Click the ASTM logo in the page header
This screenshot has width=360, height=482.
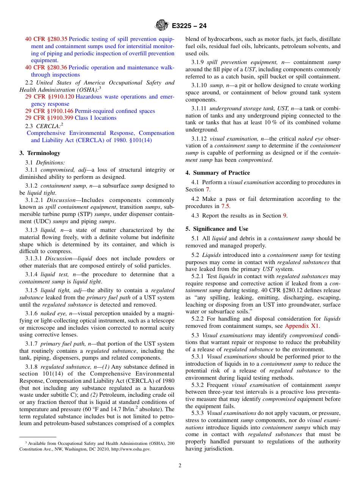coord(162,26)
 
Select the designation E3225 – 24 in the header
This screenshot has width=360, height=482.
coord(189,26)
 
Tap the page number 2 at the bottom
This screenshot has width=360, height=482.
coord(180,466)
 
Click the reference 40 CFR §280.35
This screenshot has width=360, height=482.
coord(46,39)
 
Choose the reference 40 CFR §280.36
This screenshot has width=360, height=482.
coord(46,67)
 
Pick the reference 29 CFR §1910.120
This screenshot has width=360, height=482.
coord(49,97)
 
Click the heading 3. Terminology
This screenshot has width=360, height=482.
coord(40,153)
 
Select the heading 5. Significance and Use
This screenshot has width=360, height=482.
coord(217,229)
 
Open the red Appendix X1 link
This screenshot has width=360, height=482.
coord(302,326)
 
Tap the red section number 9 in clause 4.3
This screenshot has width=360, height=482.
coord(285,216)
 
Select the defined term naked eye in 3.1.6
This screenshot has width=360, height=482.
coord(52,313)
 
